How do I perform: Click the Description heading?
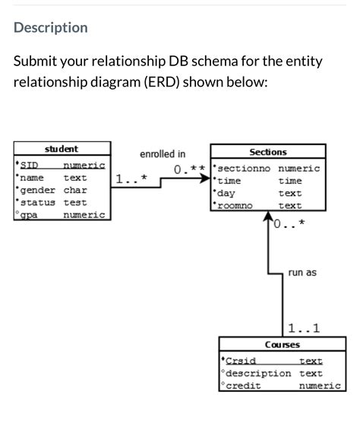51,28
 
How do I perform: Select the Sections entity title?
267,152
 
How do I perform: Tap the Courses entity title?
281,345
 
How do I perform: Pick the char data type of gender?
75,190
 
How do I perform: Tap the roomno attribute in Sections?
235,206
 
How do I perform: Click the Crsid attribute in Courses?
239,361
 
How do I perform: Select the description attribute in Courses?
258,373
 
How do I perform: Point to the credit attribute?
244,386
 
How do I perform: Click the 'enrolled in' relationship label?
162,154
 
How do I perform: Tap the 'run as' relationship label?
302,271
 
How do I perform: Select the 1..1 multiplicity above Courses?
305,328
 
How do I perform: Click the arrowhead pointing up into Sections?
270,220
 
